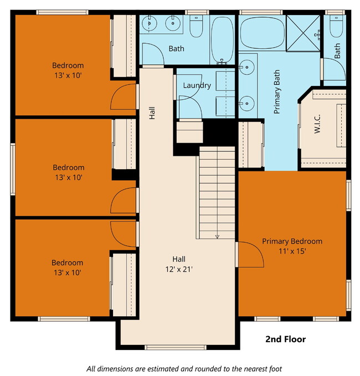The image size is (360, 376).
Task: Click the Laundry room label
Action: (x=197, y=85)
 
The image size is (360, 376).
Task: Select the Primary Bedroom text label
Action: (x=292, y=241)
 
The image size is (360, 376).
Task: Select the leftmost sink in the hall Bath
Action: (x=150, y=24)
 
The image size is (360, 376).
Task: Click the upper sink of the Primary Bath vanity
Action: (x=246, y=67)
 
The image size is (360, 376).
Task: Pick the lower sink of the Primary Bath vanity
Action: (x=246, y=102)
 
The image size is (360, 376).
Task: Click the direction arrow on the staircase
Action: (x=217, y=236)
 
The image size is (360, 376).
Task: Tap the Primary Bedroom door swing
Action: (x=249, y=255)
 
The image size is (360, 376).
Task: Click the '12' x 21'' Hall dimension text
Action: (x=178, y=270)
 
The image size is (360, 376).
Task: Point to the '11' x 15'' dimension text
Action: (x=292, y=251)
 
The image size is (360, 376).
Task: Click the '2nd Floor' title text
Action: (x=285, y=339)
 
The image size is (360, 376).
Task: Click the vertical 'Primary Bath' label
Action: (x=277, y=92)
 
